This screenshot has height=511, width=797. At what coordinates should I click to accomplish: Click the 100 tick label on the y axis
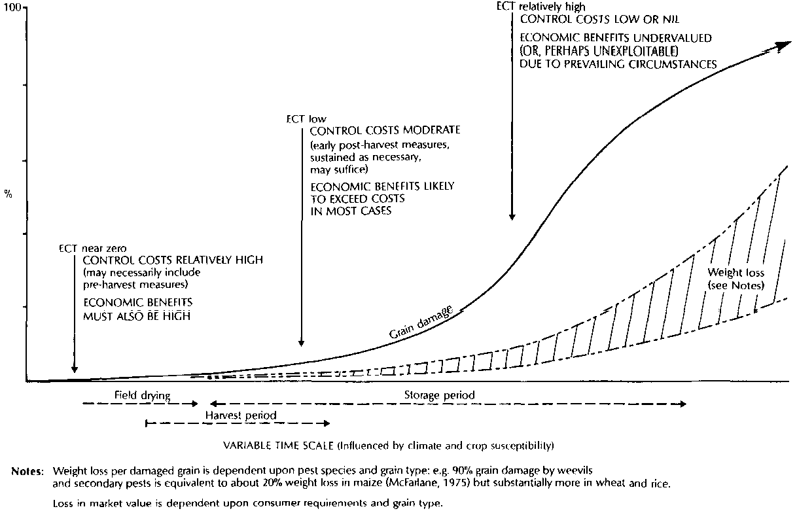click(12, 8)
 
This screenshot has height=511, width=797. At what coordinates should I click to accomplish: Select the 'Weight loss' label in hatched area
click(736, 272)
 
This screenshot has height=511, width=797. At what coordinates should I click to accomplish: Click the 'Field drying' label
click(139, 396)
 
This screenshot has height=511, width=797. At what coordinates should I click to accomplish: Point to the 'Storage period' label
click(439, 396)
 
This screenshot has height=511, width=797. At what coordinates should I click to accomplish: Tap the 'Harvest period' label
click(241, 415)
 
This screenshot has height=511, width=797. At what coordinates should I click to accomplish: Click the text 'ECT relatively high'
click(536, 6)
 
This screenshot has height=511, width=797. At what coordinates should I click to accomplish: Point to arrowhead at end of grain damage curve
click(783, 46)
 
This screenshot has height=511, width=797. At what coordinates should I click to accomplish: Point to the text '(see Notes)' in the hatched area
click(736, 285)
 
